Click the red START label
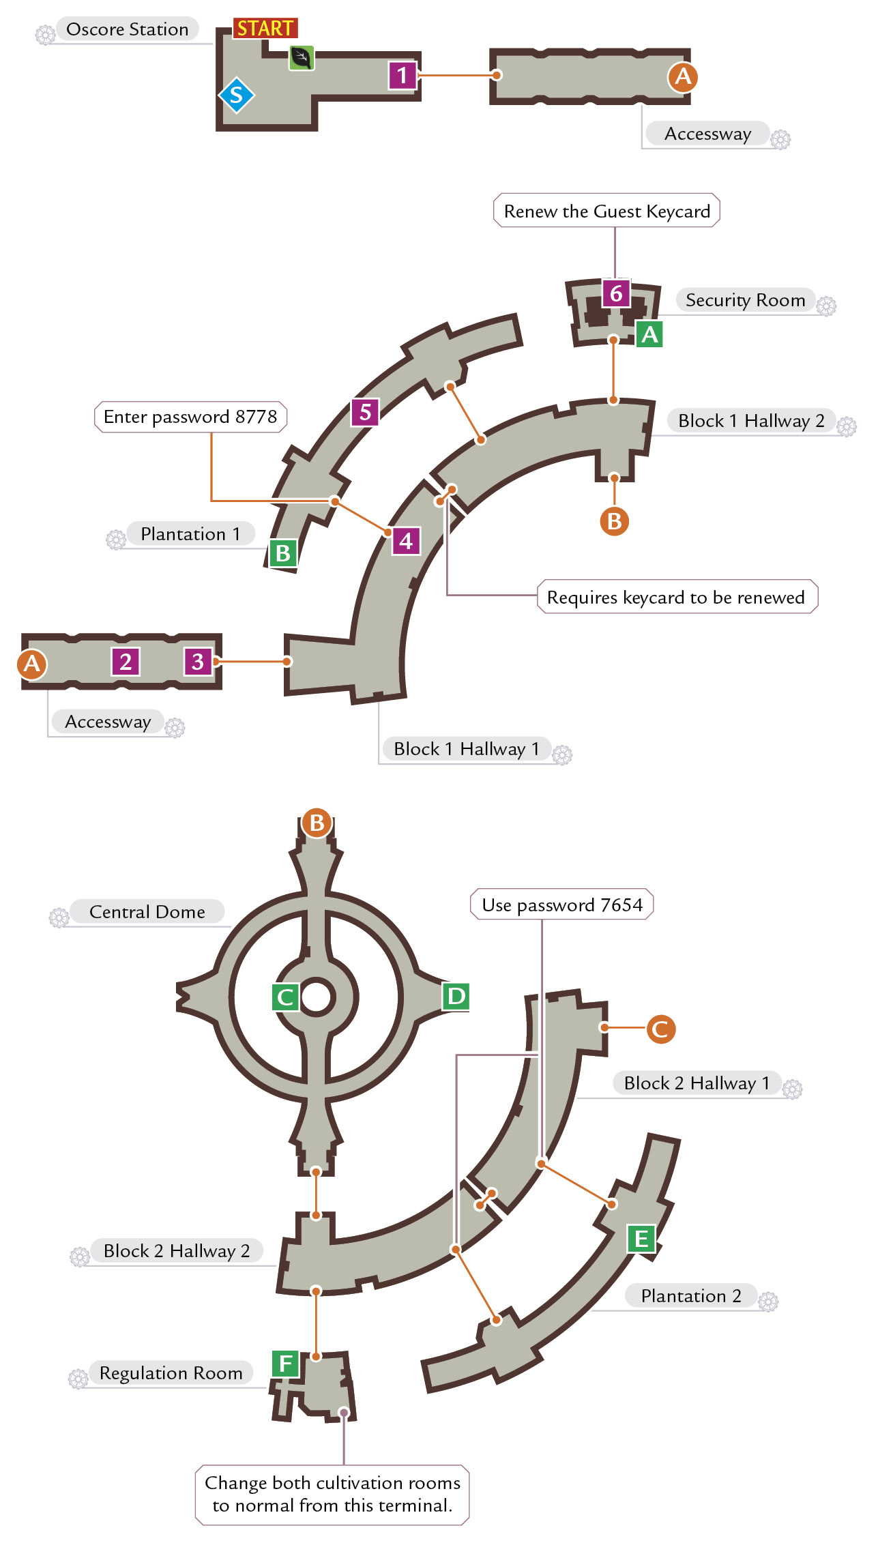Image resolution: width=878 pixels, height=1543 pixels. (265, 28)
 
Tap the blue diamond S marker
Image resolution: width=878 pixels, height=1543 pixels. (236, 95)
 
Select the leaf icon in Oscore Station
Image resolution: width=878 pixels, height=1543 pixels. (302, 58)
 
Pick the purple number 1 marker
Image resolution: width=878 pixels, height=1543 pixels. (403, 75)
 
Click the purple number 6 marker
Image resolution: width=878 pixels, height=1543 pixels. (616, 293)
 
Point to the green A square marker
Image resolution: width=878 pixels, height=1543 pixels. (649, 334)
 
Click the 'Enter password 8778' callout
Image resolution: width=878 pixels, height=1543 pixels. (190, 417)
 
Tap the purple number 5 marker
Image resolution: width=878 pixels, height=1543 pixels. (365, 412)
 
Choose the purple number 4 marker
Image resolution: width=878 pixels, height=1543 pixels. (406, 541)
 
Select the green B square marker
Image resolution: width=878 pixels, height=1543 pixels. (283, 553)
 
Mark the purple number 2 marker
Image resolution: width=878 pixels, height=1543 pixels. (126, 662)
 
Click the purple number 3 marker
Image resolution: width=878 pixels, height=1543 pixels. (198, 662)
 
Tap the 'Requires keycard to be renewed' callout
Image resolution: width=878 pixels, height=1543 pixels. (677, 598)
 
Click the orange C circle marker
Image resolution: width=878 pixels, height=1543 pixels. (660, 1029)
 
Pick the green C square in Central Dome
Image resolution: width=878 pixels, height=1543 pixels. (286, 997)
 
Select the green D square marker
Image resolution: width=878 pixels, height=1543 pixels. (456, 997)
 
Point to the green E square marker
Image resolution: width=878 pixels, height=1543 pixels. (641, 1239)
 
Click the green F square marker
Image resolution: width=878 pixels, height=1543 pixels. (286, 1364)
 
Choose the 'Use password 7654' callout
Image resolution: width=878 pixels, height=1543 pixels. (562, 905)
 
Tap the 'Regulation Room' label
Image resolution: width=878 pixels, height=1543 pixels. (171, 1373)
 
